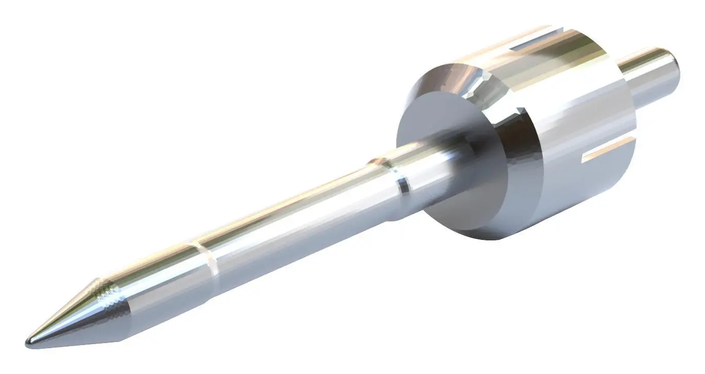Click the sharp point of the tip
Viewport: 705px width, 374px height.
click(29, 341)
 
